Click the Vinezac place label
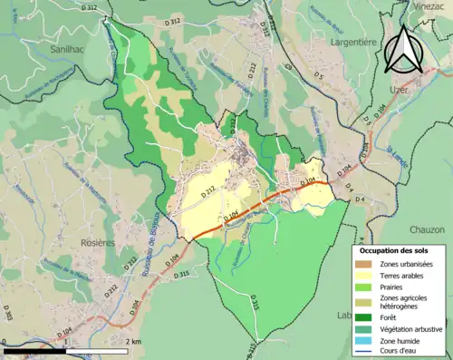click(x=429, y=6)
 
